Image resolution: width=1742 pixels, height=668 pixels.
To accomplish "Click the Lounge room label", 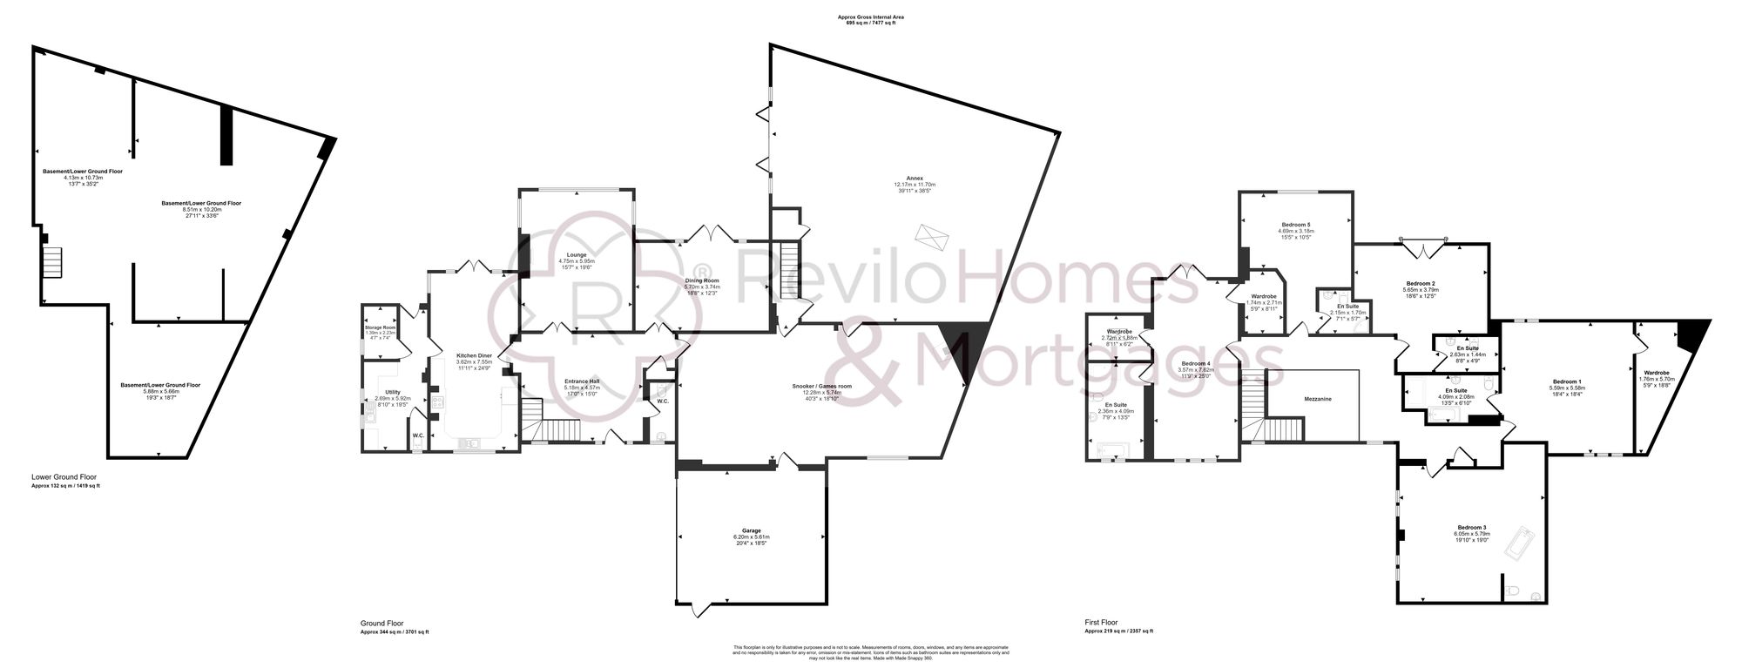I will coord(577,255).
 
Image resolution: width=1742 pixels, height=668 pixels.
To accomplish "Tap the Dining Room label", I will coord(702,280).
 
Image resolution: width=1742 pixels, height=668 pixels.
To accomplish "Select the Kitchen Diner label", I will coord(475,355).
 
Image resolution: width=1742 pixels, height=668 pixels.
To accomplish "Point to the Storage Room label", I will coord(380,327).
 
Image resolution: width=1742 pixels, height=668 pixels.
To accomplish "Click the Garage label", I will coord(751,530).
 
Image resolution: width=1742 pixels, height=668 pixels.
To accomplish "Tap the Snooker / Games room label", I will coord(821,386).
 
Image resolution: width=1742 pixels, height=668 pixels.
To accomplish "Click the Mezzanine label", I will coord(1317,399).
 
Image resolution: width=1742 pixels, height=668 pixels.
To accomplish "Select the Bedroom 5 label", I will coord(1296,225).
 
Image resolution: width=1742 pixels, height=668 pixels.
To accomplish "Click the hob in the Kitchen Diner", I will coord(437,402).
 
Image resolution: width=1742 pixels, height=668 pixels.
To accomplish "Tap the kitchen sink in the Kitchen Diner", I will coord(471,442).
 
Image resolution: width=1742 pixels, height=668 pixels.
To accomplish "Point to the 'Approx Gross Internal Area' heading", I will coord(870,17).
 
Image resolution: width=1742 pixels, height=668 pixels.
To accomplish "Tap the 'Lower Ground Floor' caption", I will coord(64,477).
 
